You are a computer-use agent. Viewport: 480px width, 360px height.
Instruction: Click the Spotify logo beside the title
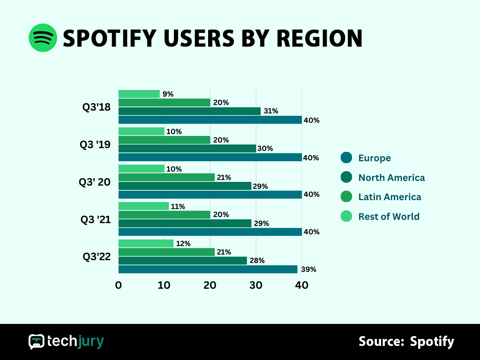[43, 38]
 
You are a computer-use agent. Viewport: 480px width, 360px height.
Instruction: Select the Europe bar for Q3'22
[208, 269]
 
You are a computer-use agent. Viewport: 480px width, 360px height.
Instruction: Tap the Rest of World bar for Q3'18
[139, 94]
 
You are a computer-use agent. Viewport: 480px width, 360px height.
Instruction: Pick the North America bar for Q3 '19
[187, 149]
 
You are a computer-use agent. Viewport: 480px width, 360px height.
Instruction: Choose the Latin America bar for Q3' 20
[166, 177]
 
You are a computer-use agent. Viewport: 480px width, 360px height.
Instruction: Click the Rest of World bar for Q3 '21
[143, 206]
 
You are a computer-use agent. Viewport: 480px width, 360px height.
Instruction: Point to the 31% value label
[271, 111]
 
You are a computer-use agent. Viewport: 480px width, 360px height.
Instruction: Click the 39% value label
[308, 269]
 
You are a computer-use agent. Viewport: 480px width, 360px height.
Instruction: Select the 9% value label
[168, 94]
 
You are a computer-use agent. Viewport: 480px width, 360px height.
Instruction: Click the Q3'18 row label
[97, 107]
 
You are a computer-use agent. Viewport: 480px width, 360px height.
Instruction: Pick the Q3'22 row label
[97, 256]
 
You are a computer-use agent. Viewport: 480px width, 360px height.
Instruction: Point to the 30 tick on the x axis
[255, 285]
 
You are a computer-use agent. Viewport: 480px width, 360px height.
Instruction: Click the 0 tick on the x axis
[119, 285]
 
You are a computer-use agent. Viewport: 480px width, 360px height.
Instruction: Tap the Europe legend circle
[346, 158]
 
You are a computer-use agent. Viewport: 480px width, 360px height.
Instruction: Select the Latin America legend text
[390, 197]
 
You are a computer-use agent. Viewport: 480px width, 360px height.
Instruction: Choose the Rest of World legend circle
[346, 216]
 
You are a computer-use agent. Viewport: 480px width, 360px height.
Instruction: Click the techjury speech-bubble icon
[36, 342]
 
